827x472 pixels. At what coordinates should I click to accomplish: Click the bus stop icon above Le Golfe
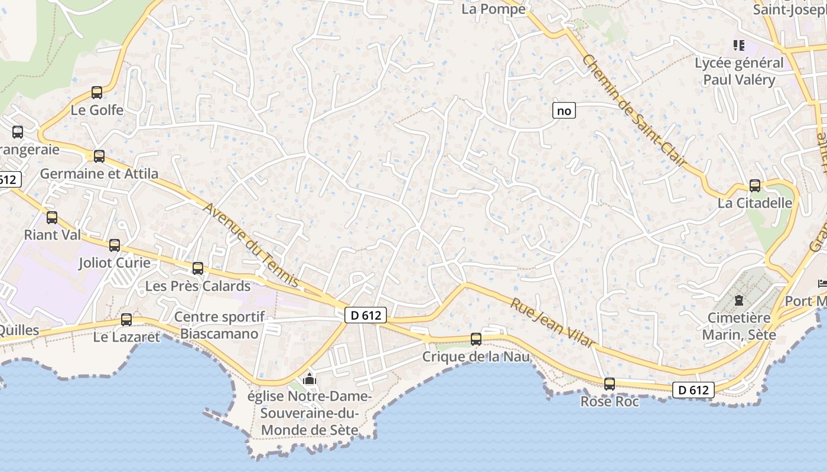coord(97,93)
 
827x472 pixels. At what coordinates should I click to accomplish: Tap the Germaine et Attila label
coord(99,173)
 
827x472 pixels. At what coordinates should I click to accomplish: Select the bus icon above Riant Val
coord(52,218)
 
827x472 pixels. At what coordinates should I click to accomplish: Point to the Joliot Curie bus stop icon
coord(115,245)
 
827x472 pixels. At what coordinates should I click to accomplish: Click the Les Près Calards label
coord(198,286)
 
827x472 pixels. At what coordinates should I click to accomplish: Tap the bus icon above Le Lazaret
coord(126,320)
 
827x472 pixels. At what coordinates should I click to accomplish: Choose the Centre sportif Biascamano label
coord(219,325)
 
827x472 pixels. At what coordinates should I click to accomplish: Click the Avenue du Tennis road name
coord(251,245)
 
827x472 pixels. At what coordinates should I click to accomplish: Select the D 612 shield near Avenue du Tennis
coord(366,315)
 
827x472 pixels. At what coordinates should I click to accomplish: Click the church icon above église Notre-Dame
coord(310,379)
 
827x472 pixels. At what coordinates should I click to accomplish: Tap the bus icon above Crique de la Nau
coord(476,339)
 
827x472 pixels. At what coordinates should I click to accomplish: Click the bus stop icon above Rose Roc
coord(610,384)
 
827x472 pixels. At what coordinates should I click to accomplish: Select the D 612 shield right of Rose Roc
coord(693,389)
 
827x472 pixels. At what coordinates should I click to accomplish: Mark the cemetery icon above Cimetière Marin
coord(739,300)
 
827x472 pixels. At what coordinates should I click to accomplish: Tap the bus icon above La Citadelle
coord(755,186)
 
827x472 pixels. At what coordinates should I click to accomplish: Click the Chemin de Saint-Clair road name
coord(635,110)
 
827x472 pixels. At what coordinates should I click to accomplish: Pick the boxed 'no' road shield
coord(564,110)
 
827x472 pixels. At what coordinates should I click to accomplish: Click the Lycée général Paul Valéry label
coord(739,71)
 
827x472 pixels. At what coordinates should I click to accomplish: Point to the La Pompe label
coord(493,9)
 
